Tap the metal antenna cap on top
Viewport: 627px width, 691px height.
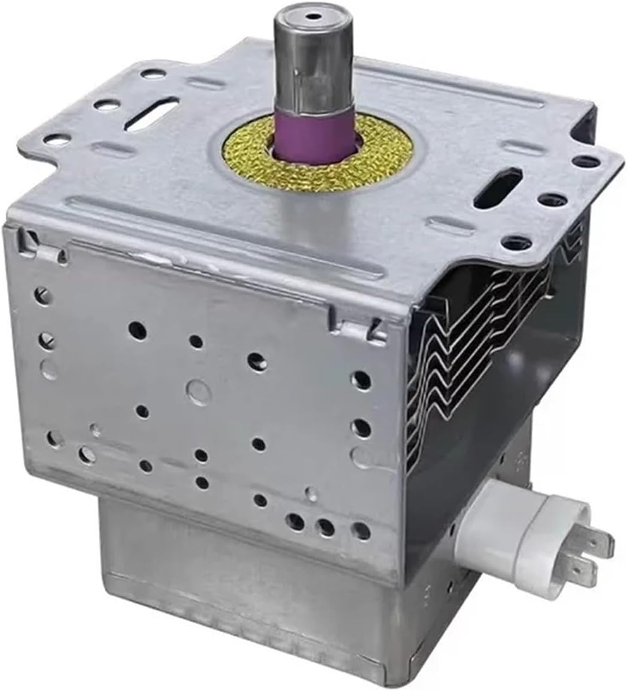308,60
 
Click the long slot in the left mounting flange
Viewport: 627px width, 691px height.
153,114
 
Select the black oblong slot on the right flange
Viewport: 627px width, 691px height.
498,188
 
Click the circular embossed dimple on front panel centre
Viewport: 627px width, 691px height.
198,391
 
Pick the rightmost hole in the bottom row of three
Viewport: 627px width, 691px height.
361,530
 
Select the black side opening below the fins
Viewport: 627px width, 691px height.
473,454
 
